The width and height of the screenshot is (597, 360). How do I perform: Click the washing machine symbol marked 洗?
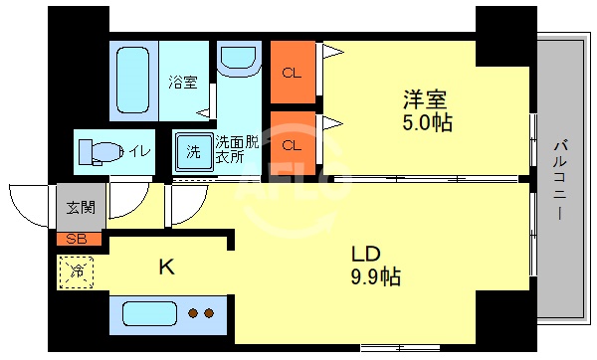point(195,152)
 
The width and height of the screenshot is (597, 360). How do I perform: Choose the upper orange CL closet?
point(294,72)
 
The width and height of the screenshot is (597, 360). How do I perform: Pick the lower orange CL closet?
point(294,144)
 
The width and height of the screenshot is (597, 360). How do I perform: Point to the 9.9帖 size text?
point(375,276)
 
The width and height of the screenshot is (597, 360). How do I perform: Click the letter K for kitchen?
point(168,266)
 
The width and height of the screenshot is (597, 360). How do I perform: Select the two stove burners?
point(202,313)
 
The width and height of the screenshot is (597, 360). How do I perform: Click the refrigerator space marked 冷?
point(76,269)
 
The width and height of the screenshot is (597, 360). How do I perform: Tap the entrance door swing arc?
point(30,204)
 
